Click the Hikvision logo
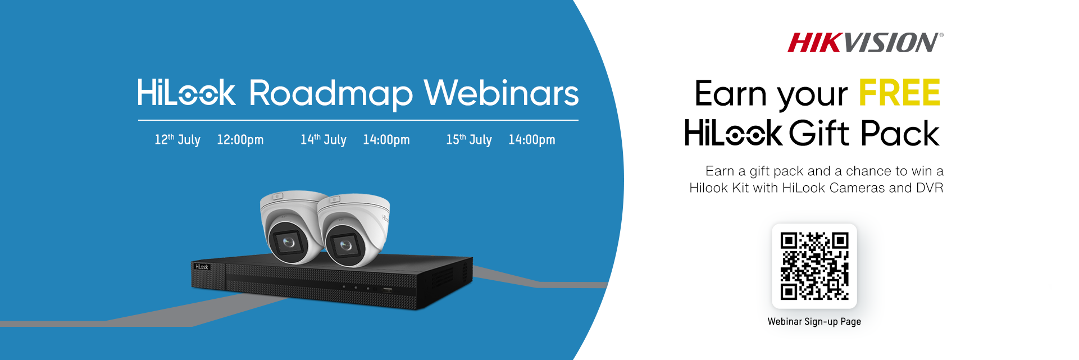coord(865,43)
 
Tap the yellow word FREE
coord(900,93)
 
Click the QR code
coord(814,266)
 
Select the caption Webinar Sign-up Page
coord(814,322)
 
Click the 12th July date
coord(177,139)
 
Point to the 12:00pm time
coord(240,140)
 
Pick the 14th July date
coord(324,139)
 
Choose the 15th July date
coord(469,139)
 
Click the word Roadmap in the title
coord(331,94)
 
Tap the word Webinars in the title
coord(501,93)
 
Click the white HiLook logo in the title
coord(186,93)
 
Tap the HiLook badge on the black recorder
coord(202,267)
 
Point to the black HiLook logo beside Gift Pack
coord(733,133)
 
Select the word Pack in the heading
coord(900,133)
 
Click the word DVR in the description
coord(930,188)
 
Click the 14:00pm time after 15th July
coord(532,140)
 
